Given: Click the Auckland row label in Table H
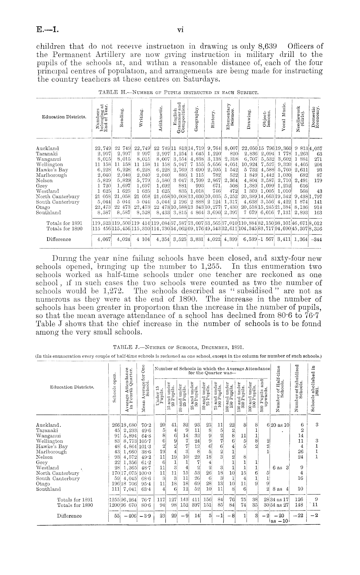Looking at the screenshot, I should tap(48, 148).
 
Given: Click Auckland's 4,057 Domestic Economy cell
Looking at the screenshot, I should tap(316, 148).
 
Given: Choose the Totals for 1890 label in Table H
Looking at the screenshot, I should tap(64, 229).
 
